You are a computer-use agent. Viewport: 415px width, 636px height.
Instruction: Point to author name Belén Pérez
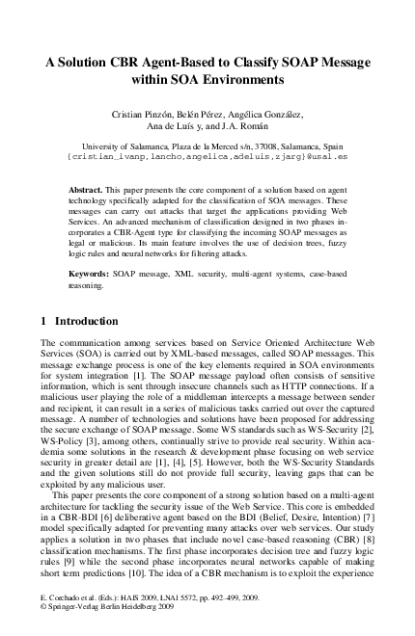[227, 115]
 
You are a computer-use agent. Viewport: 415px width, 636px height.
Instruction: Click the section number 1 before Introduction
[44, 319]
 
